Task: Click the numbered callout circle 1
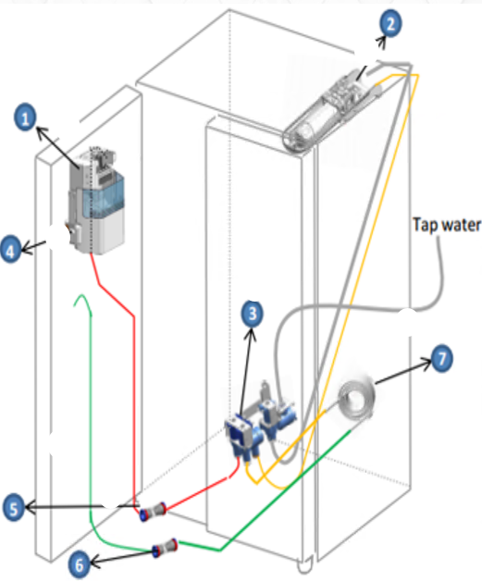pyautogui.click(x=25, y=117)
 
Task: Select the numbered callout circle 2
pyautogui.click(x=390, y=23)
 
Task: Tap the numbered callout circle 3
pyautogui.click(x=253, y=314)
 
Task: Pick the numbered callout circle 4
pyautogui.click(x=10, y=250)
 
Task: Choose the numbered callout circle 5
pyautogui.click(x=13, y=508)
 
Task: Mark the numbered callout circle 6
pyautogui.click(x=80, y=565)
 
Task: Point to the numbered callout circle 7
pyautogui.click(x=441, y=358)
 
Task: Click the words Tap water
pyautogui.click(x=447, y=226)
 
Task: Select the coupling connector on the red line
pyautogui.click(x=153, y=512)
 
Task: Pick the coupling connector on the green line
pyautogui.click(x=165, y=548)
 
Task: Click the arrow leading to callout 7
pyautogui.click(x=403, y=372)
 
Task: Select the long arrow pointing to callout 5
pyautogui.click(x=82, y=506)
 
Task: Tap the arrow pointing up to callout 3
pyautogui.click(x=247, y=372)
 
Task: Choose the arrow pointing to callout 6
pyautogui.click(x=121, y=559)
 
